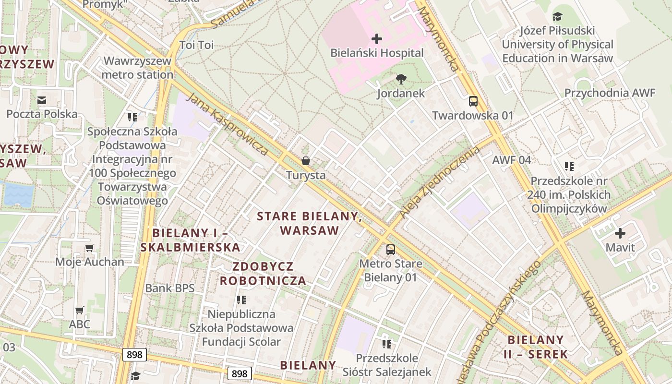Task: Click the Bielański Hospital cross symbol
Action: coord(377,38)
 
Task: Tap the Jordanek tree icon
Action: coord(401,79)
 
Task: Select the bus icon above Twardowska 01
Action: coord(473,101)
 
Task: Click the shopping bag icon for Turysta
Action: coord(306,161)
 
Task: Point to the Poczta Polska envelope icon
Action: coord(42,100)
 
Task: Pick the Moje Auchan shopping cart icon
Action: coord(90,248)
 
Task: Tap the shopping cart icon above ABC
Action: coord(80,310)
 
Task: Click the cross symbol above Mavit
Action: coord(620,234)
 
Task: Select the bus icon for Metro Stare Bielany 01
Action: coord(391,250)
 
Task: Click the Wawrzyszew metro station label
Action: coord(137,68)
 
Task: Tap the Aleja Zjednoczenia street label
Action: coord(440,182)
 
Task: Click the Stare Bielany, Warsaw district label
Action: coord(310,223)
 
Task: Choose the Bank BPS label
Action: coord(170,288)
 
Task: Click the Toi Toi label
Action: coord(196,45)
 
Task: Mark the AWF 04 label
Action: coord(512,160)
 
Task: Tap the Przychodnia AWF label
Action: coord(610,93)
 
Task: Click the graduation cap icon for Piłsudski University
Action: coord(557,17)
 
